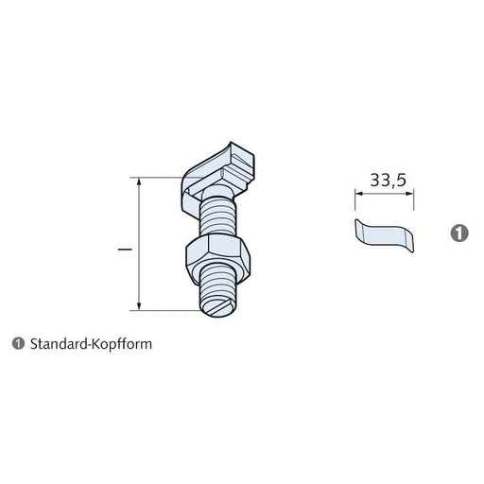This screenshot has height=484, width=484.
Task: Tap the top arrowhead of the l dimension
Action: (x=139, y=181)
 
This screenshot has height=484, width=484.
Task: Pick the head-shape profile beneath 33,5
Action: (x=384, y=233)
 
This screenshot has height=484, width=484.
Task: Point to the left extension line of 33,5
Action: (x=354, y=200)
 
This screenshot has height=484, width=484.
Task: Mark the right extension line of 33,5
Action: (x=412, y=200)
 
